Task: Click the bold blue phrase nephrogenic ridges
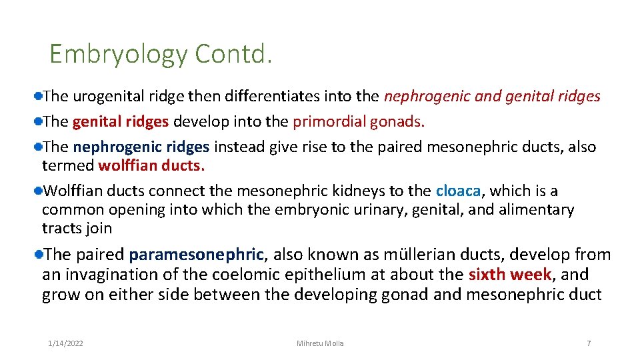click(x=141, y=147)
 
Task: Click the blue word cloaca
click(x=458, y=191)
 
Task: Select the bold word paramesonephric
click(x=197, y=255)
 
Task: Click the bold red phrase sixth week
click(x=510, y=275)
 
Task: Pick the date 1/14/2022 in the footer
click(x=66, y=343)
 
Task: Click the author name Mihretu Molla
click(x=320, y=343)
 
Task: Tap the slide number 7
click(x=589, y=343)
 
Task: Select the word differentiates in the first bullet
click(x=254, y=97)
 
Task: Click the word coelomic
click(x=253, y=275)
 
